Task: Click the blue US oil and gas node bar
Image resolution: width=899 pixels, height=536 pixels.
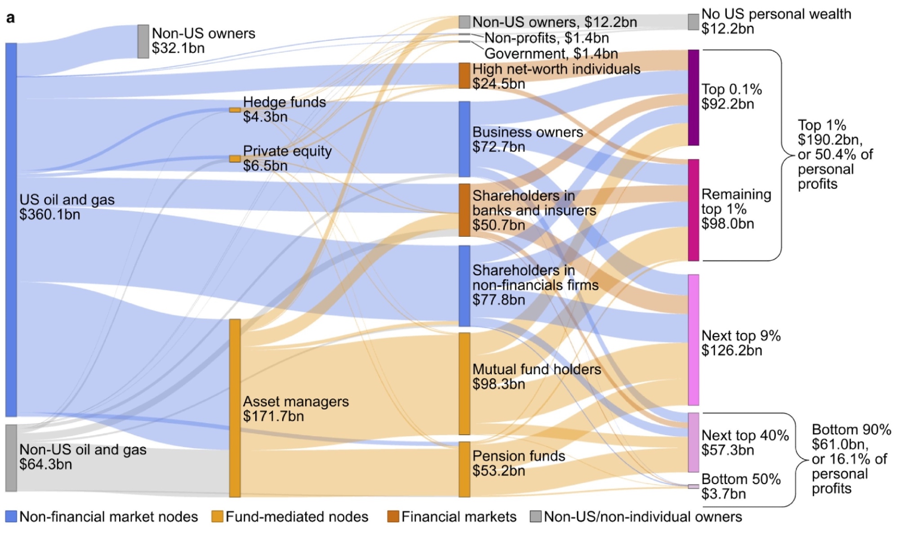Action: tap(11, 229)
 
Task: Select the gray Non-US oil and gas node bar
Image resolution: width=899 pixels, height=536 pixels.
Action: tap(11, 457)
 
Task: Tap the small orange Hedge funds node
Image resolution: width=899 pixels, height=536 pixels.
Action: tap(235, 110)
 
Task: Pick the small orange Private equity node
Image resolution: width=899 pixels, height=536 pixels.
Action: tap(235, 159)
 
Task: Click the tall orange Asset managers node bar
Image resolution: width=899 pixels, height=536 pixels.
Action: tap(235, 408)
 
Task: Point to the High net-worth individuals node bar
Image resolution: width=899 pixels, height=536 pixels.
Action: tap(464, 75)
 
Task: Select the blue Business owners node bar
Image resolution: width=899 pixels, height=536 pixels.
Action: tap(464, 139)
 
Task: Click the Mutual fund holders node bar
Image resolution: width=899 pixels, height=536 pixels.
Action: tap(464, 383)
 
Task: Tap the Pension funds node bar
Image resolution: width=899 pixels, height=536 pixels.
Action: tap(464, 469)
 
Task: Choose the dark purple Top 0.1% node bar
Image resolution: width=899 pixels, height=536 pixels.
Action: tap(694, 97)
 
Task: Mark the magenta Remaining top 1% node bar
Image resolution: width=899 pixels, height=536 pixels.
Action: tap(694, 210)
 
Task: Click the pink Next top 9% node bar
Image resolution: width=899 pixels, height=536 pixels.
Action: tap(694, 340)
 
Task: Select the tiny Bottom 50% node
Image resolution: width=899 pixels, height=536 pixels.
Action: tap(694, 487)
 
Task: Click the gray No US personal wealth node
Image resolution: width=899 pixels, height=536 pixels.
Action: tap(694, 22)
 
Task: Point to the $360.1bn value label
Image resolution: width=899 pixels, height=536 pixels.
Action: tap(49, 215)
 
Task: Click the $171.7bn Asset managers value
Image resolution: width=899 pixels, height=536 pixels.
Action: tap(273, 416)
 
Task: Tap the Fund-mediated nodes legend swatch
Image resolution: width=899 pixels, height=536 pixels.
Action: tap(218, 517)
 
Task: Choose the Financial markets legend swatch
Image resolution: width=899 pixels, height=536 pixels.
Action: tap(393, 517)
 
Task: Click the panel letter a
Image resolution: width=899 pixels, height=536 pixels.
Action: tap(10, 18)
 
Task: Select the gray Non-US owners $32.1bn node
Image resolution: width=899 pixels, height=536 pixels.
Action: tap(143, 41)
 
